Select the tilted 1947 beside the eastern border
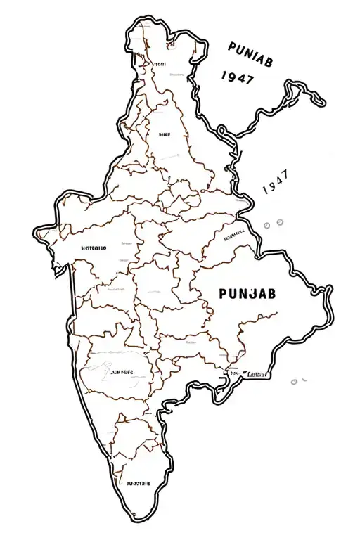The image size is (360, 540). coord(274,187)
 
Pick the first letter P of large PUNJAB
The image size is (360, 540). coord(223,293)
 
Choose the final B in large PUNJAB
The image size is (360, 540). coord(271,293)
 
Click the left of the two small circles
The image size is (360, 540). coord(267,224)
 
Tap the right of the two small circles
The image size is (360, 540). coord(279,223)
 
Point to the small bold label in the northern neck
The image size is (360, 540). coord(164,133)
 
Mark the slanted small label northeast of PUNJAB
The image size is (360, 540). coord(233,237)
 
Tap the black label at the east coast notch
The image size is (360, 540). coord(256,374)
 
